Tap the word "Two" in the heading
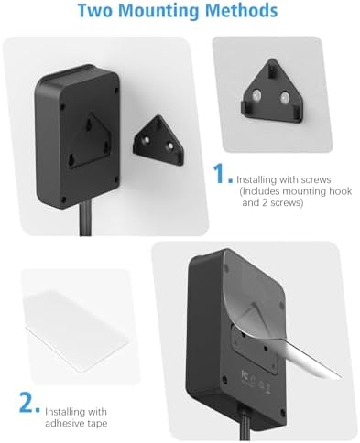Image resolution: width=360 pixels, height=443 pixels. click(99, 13)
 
